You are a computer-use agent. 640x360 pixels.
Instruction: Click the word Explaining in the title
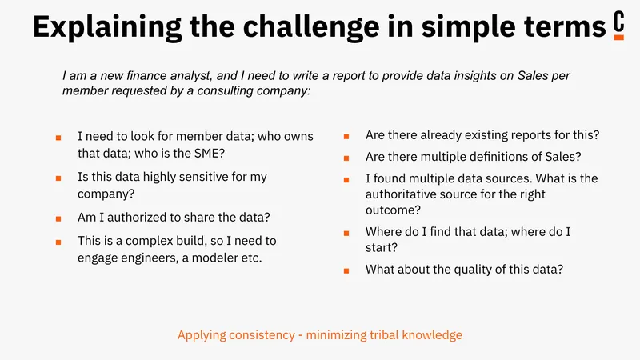click(107, 26)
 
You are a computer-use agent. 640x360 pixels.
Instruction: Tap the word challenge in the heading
click(311, 26)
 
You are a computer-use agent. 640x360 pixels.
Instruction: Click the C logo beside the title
click(618, 22)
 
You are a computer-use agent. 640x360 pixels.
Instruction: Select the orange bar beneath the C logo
click(618, 38)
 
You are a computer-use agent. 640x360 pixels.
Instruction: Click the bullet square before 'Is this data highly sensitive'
click(58, 178)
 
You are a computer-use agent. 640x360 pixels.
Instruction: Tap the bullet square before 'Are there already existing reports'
click(346, 137)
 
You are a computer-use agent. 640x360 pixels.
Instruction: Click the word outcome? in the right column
click(393, 210)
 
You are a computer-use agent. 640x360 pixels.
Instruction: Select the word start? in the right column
click(382, 248)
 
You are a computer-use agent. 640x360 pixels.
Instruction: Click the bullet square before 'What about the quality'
click(346, 270)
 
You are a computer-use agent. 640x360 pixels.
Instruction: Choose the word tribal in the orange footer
click(384, 335)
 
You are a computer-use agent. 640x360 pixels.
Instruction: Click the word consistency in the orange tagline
click(262, 335)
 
